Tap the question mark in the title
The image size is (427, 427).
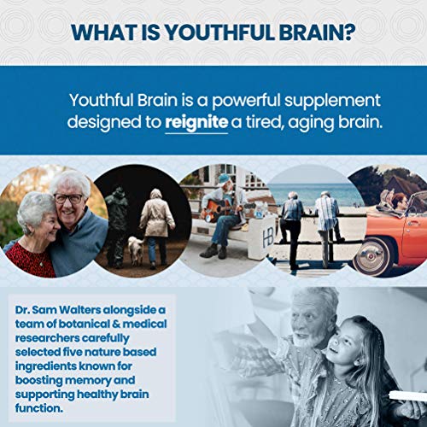(x=350, y=32)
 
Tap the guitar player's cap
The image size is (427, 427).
(x=224, y=178)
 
